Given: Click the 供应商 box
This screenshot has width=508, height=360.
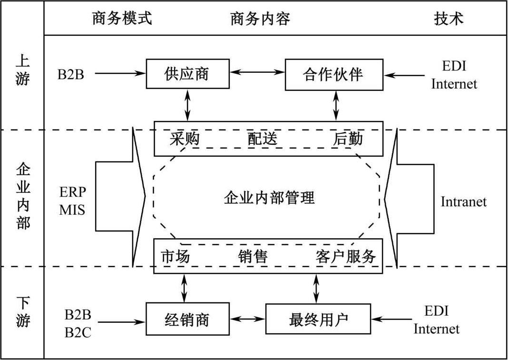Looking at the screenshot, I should pos(188,74).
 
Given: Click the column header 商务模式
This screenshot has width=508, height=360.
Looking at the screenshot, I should pos(121,18).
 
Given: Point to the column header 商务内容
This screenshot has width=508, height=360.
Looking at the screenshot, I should pos(260,18).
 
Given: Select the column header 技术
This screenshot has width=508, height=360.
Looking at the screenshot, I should pos(448,18).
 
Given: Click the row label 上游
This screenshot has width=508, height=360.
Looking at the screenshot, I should pos(22,69).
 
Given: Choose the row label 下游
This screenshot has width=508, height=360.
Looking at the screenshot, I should pos(22,312).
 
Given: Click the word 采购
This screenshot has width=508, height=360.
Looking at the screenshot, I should pos(184,138).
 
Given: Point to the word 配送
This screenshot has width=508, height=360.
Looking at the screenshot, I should pos(262,138).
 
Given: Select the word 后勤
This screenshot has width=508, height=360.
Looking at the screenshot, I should pos(348,138).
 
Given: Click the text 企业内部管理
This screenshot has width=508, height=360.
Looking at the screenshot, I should pos(269,197).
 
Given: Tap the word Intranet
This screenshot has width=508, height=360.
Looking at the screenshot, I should pos(463,201).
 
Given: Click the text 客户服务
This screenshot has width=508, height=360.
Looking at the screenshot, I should pos(346,256).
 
